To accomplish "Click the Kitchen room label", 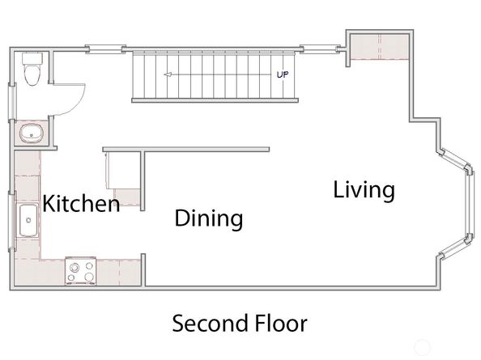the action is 81,203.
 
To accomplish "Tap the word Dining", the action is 209,218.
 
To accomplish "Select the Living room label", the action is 364,191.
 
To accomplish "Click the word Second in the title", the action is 210,324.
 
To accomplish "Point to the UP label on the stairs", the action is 283,74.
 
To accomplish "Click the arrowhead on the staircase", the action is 168,74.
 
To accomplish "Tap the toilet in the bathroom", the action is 32,70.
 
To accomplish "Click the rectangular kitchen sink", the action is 28,220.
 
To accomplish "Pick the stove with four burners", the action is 81,272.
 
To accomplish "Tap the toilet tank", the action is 32,58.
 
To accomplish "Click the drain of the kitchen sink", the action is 28,220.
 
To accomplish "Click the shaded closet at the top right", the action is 380,47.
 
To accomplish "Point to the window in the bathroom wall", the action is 13,101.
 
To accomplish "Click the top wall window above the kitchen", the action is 105,49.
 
